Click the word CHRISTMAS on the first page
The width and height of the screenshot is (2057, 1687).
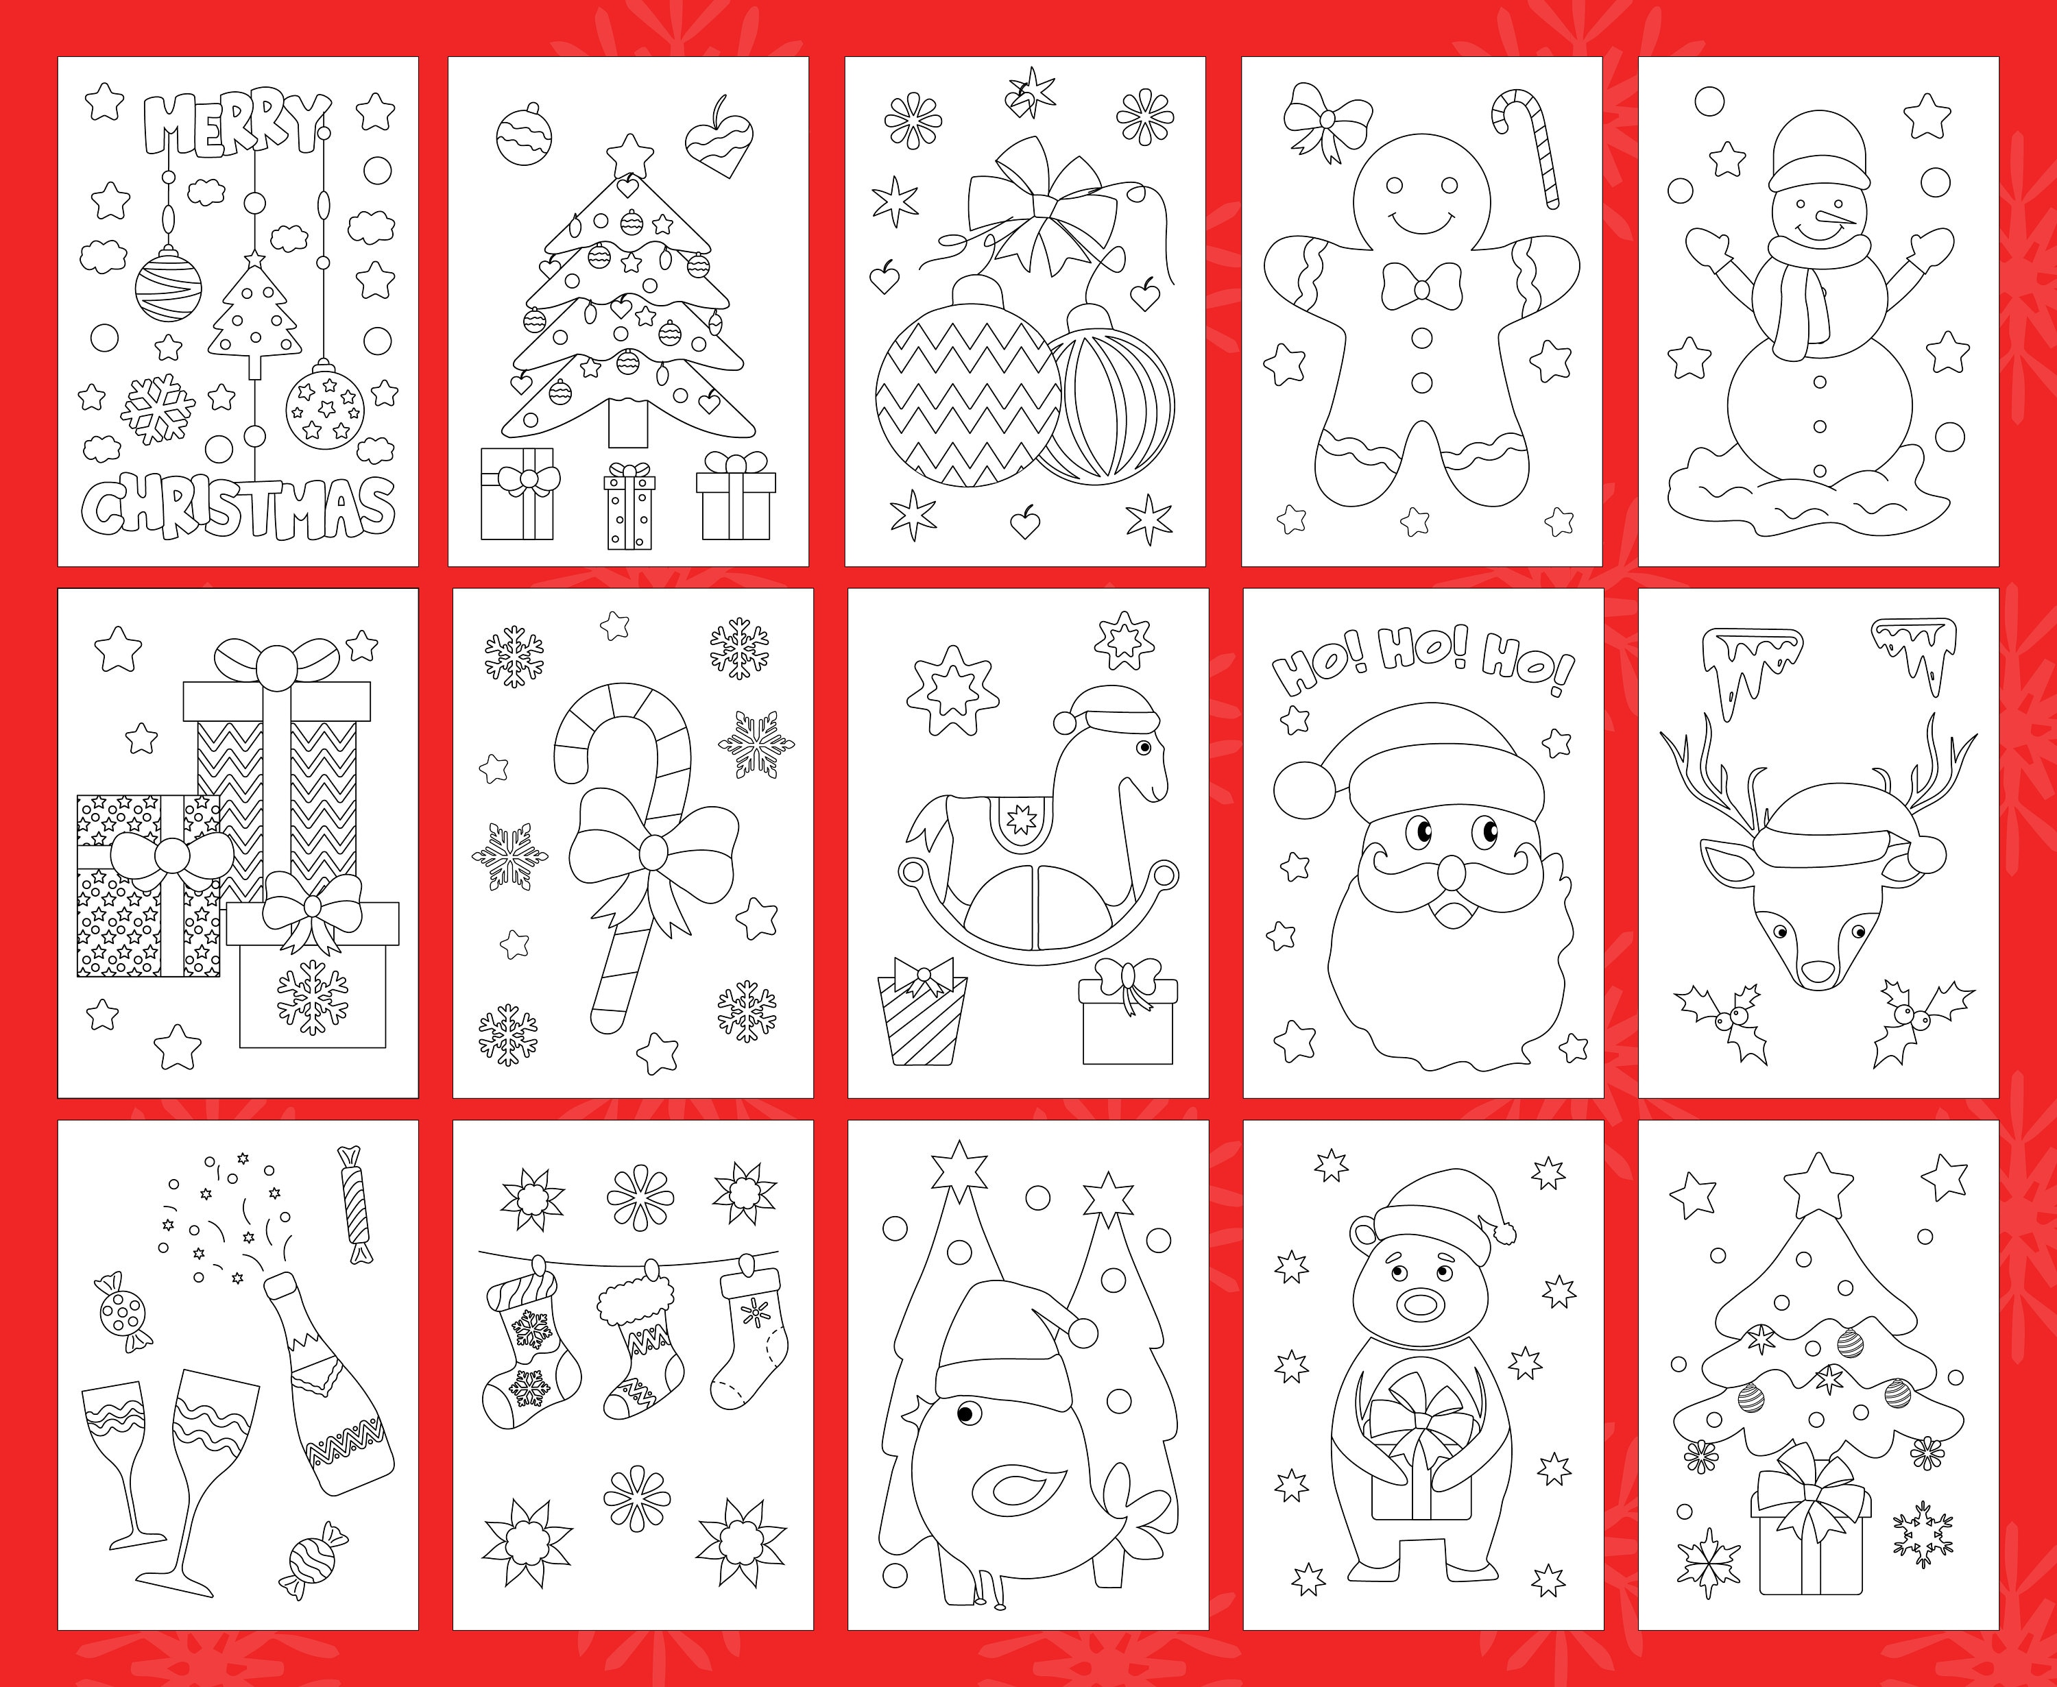pyautogui.click(x=238, y=507)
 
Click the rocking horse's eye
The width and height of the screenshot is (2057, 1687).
pyautogui.click(x=1144, y=747)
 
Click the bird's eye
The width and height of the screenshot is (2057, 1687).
pyautogui.click(x=965, y=1414)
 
